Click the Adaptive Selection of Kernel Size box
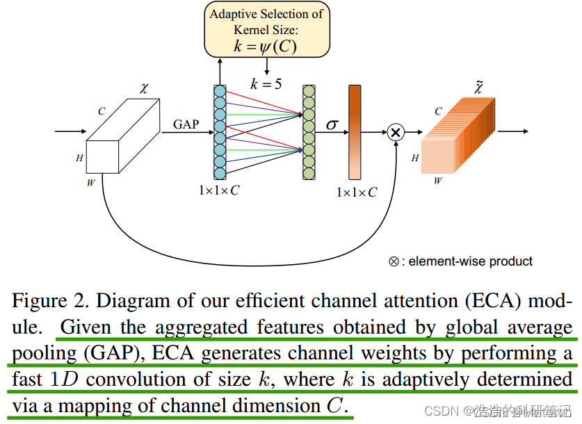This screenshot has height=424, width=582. point(266,30)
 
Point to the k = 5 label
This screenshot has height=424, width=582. point(266,84)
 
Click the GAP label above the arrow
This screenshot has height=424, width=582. point(186,124)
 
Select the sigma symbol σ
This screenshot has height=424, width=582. point(332,124)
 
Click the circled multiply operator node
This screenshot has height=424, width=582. point(396,131)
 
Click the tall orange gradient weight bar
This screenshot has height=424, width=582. point(355,131)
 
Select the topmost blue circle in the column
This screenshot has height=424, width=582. point(220,91)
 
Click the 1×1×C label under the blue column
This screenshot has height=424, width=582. point(219,190)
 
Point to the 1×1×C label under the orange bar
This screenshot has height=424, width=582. point(356,192)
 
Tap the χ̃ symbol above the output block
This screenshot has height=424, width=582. point(478,88)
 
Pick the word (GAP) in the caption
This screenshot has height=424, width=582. point(115,354)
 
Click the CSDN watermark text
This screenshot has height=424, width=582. point(439,411)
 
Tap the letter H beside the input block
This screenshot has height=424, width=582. point(80,158)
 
